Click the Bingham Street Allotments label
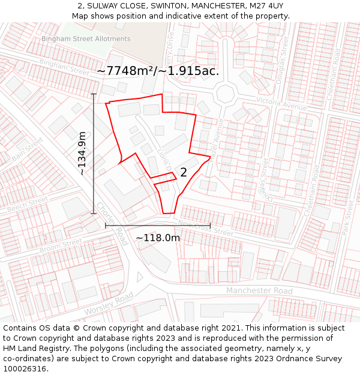tap(86, 39)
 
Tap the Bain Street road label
tap(28, 149)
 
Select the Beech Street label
tap(27, 204)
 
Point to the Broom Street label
tap(60, 245)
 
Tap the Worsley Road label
tap(109, 304)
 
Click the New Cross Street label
tap(205, 228)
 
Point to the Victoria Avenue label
tap(281, 103)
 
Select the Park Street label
tap(347, 217)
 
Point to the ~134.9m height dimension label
tap(82, 153)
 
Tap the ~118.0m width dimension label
tap(158, 238)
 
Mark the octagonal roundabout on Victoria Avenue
tap(226, 93)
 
